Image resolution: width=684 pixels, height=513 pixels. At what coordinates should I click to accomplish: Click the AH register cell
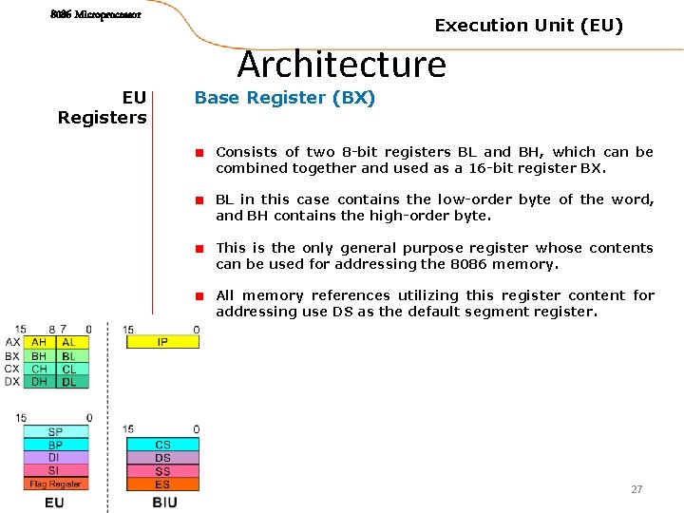(x=39, y=343)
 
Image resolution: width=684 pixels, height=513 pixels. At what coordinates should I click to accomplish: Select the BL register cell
(x=68, y=356)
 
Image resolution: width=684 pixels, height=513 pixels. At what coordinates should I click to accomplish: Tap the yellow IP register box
(x=162, y=342)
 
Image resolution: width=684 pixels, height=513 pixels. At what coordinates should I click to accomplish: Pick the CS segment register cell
(x=162, y=445)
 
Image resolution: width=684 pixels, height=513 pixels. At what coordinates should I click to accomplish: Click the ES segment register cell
(x=162, y=484)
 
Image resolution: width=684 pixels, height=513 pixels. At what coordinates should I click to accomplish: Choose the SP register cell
(x=55, y=432)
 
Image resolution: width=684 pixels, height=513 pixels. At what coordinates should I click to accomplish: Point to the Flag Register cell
(x=55, y=484)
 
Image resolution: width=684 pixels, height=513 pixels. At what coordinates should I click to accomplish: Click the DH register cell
(x=39, y=382)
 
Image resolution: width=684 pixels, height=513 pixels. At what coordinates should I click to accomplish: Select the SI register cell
(x=55, y=471)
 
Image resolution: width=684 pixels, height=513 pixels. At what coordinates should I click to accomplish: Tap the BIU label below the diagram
(x=164, y=502)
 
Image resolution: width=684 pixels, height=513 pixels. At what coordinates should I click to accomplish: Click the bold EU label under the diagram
(x=54, y=502)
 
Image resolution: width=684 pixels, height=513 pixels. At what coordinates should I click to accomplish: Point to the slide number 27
(x=636, y=489)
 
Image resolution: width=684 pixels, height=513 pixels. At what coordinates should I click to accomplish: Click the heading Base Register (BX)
(x=285, y=98)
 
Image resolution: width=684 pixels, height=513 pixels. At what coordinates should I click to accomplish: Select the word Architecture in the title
(x=341, y=65)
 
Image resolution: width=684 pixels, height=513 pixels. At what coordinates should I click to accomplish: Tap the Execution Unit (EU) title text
(x=528, y=26)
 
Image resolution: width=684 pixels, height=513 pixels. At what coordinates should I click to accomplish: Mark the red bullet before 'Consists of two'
(x=200, y=153)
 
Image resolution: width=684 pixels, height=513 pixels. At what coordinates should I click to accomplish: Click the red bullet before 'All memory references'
(x=200, y=296)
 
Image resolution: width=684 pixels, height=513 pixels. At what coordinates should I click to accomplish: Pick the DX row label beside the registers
(x=12, y=382)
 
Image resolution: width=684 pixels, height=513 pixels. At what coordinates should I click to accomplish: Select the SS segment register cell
(x=162, y=471)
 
